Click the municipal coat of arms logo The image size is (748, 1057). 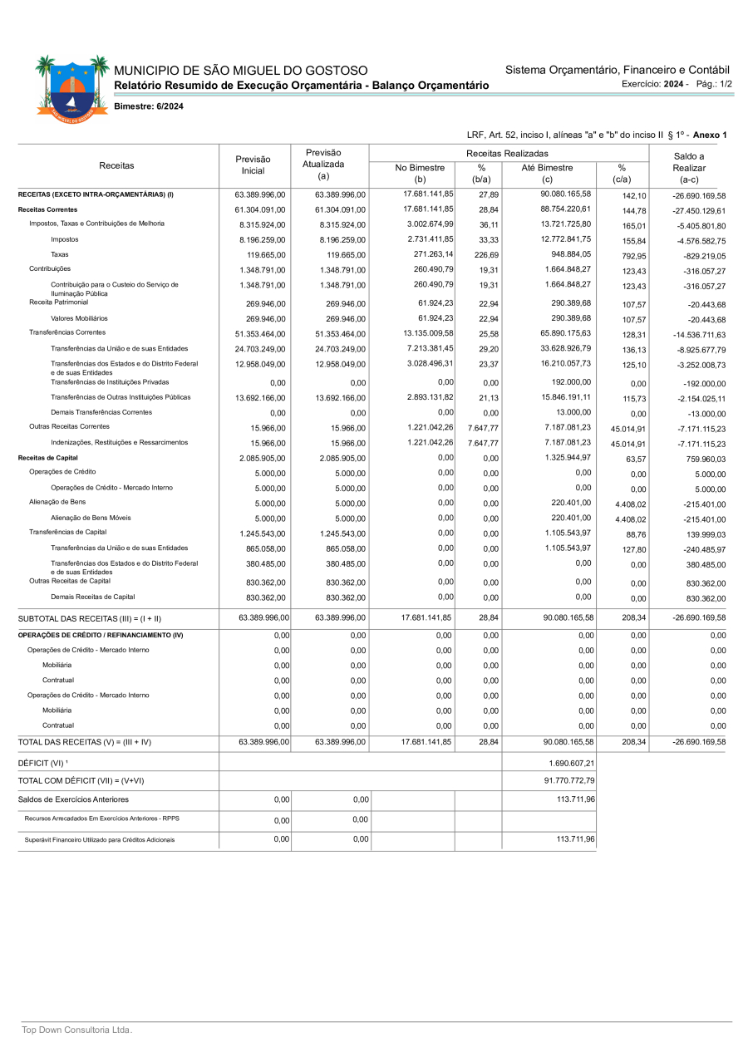(72, 86)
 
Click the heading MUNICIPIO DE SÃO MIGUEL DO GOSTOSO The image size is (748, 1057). (240, 71)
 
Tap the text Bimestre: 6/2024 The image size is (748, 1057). (148, 106)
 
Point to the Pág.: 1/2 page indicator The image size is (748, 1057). (714, 84)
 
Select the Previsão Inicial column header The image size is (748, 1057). (253, 165)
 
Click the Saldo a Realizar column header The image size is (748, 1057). (689, 167)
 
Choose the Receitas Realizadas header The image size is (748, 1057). (507, 154)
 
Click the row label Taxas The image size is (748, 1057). (60, 254)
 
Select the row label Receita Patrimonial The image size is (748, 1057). (58, 302)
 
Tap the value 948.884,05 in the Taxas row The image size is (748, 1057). (568, 254)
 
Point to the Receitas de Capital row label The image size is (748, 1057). (48, 458)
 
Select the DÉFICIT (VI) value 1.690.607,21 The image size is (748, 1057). (572, 763)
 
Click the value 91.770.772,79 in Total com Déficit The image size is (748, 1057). (568, 781)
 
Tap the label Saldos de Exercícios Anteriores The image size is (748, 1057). (73, 799)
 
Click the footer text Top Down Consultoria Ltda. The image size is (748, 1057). (76, 1030)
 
